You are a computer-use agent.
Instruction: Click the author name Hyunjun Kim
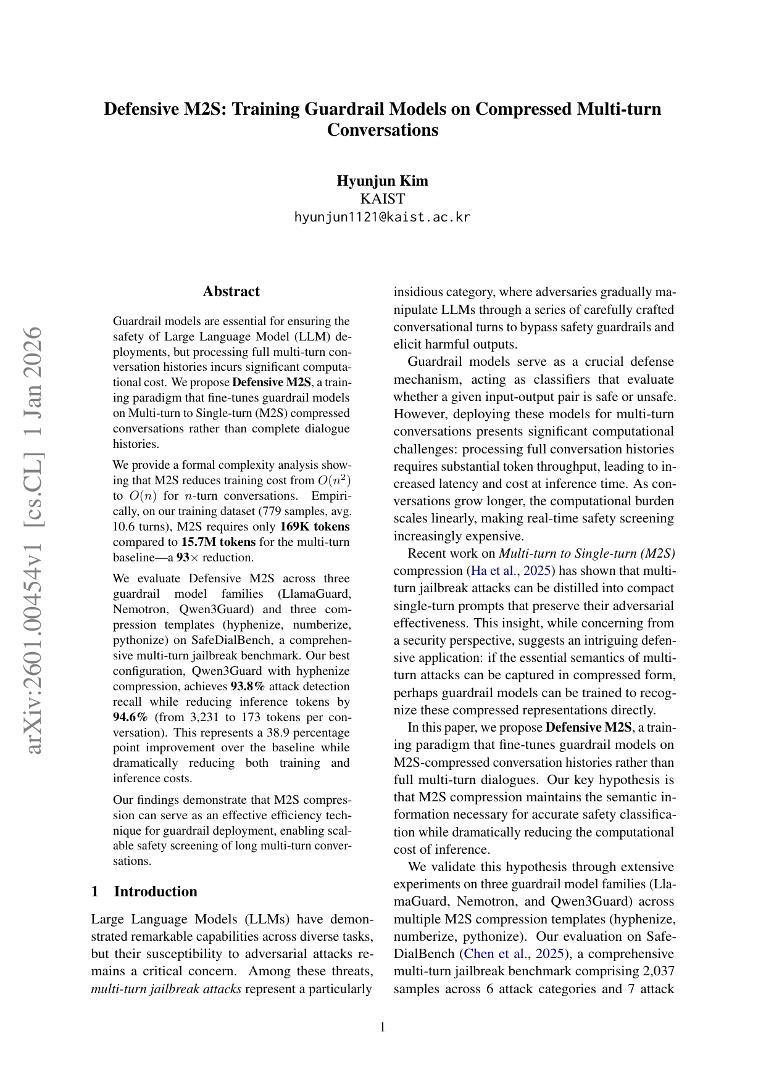382,181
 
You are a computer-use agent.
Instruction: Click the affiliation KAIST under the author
382,199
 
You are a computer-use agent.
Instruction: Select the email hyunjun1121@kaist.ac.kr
382,217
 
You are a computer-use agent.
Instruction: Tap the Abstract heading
231,291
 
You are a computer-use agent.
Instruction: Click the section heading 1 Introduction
144,891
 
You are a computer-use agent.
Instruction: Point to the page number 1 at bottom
383,1026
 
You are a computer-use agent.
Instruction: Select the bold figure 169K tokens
314,527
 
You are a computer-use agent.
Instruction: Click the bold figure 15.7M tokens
218,542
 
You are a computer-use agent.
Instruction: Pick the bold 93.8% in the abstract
248,687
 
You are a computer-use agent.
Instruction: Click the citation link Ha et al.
494,571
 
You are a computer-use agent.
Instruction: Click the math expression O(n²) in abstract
334,481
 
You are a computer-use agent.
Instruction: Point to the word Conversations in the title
382,130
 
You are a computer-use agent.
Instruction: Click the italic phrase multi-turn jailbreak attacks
166,989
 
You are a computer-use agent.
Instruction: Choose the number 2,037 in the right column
657,971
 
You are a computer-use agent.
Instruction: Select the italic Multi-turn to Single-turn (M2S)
586,553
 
